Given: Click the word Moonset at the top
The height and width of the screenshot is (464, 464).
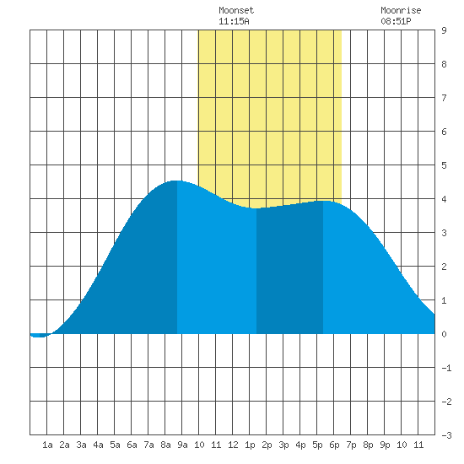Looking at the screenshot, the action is pyautogui.click(x=236, y=11).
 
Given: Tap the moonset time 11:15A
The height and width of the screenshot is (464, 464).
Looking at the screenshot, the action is pyautogui.click(x=234, y=21).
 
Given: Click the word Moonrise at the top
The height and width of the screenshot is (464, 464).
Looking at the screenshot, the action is pyautogui.click(x=401, y=11).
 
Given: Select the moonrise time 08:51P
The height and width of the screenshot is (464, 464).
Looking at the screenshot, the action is pyautogui.click(x=396, y=21).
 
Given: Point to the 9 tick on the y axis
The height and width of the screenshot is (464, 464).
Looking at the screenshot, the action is pyautogui.click(x=444, y=30).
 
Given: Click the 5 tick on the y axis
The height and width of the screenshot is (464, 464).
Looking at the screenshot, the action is pyautogui.click(x=444, y=165).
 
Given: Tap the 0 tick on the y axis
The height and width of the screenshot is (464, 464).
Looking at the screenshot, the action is pyautogui.click(x=444, y=334).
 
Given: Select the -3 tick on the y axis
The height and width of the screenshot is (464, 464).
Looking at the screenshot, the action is pyautogui.click(x=446, y=435).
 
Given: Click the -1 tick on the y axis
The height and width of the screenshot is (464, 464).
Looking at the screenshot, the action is pyautogui.click(x=446, y=368).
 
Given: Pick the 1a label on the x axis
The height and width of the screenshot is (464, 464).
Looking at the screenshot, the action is pyautogui.click(x=47, y=445).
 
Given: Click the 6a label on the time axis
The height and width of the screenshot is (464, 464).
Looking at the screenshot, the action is pyautogui.click(x=132, y=445).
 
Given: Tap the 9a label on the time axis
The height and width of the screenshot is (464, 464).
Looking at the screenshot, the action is pyautogui.click(x=182, y=445).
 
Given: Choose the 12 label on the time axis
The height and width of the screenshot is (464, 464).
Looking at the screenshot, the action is pyautogui.click(x=233, y=445).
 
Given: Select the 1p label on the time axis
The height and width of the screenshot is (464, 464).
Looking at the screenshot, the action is pyautogui.click(x=250, y=445).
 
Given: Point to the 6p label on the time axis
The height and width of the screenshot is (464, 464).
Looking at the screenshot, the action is pyautogui.click(x=334, y=445).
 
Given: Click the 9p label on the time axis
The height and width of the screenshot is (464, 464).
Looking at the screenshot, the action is pyautogui.click(x=385, y=445).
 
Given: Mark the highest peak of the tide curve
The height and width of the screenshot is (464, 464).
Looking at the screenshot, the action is pyautogui.click(x=176, y=181).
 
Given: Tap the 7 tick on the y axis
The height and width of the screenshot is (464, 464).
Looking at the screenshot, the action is pyautogui.click(x=444, y=98).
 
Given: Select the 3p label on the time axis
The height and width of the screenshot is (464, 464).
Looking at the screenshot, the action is pyautogui.click(x=283, y=445).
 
